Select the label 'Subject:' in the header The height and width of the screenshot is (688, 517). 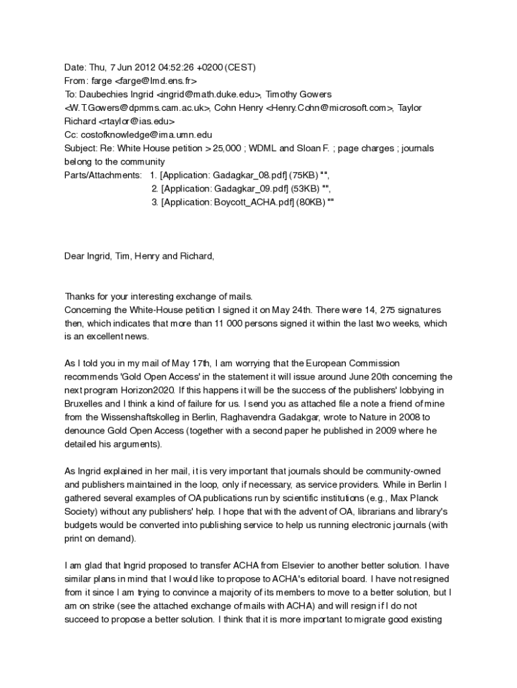coord(81,148)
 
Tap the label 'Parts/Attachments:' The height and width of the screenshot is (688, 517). coord(103,175)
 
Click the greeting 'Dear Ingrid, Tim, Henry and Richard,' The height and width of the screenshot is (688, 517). coord(139,256)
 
